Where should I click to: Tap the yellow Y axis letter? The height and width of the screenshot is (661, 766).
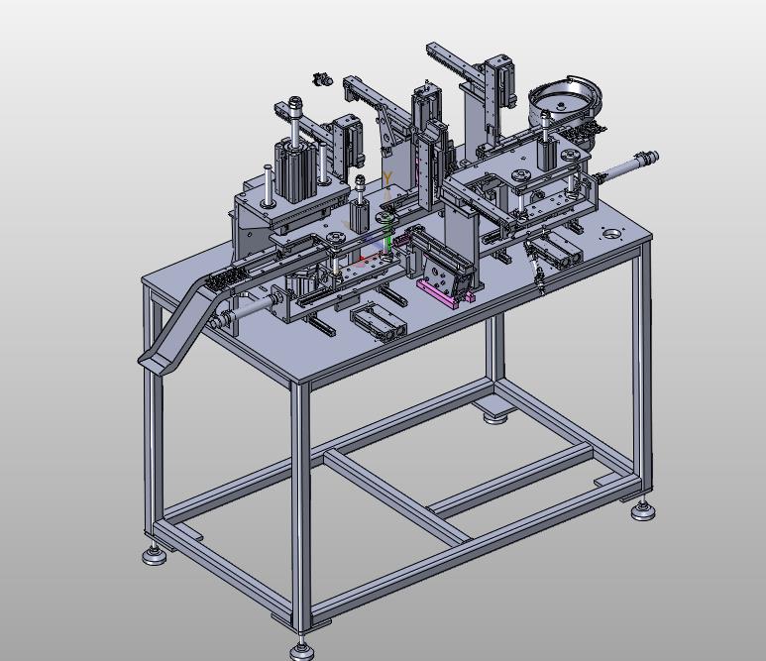pyautogui.click(x=387, y=178)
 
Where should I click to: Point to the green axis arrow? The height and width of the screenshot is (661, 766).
pyautogui.click(x=388, y=241)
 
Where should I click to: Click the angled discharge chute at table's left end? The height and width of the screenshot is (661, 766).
pyautogui.click(x=180, y=321)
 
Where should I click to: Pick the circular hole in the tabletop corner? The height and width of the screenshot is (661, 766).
pyautogui.click(x=610, y=234)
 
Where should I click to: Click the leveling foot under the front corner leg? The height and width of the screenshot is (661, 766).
pyautogui.click(x=300, y=650)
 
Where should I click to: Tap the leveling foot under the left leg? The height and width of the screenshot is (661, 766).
pyautogui.click(x=155, y=555)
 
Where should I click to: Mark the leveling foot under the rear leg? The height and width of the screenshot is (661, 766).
pyautogui.click(x=494, y=418)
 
